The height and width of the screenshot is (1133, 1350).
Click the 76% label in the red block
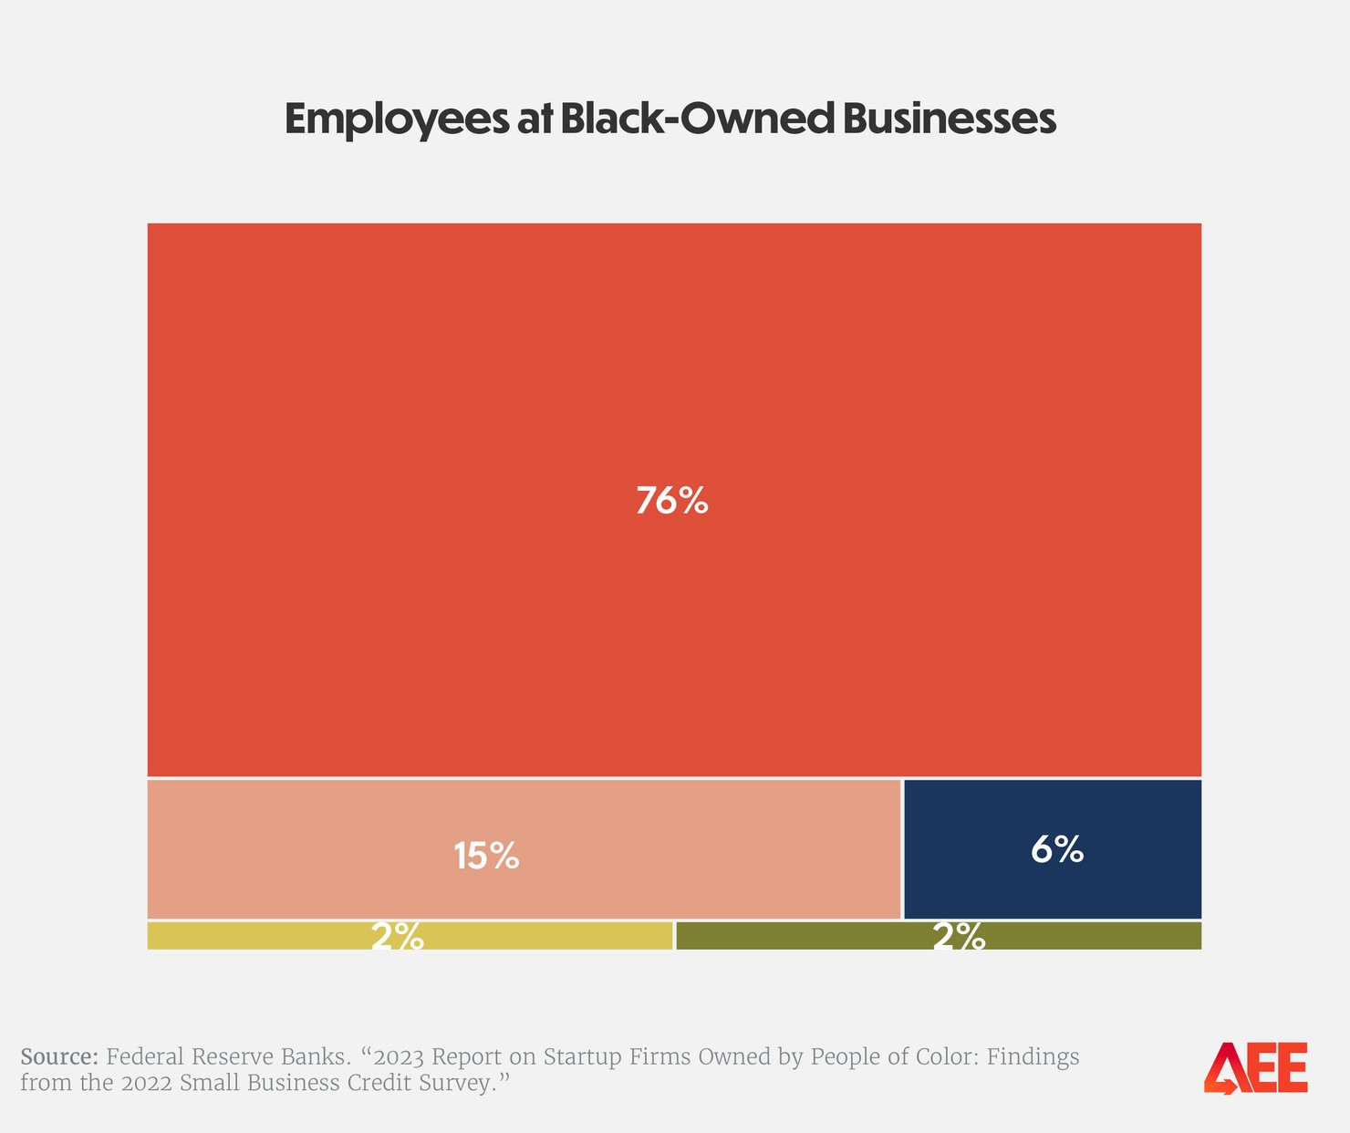[671, 501]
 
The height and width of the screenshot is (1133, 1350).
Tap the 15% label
[486, 856]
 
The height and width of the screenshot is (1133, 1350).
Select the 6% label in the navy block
[1057, 849]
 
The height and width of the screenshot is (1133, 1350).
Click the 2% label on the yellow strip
[397, 937]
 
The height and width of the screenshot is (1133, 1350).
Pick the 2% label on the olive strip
[959, 937]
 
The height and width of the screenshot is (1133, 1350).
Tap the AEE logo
[1255, 1067]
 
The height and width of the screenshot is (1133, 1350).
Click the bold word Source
[58, 1057]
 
